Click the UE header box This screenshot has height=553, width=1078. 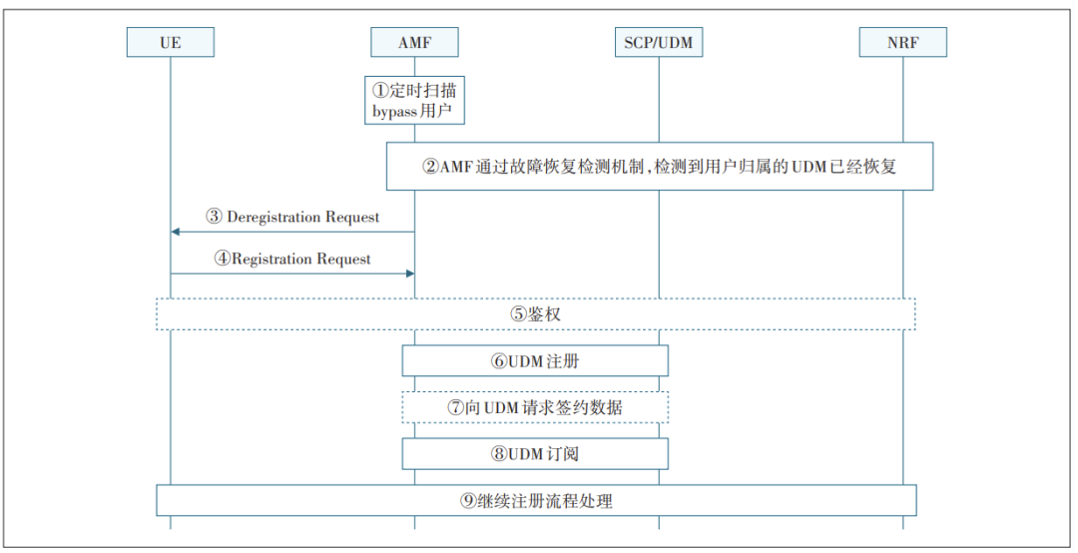170,42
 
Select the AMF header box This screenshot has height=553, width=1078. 414,42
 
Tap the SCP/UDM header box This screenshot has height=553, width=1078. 659,42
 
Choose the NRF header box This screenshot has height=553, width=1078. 902,42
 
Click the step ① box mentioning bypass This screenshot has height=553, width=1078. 414,100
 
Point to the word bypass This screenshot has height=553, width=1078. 395,111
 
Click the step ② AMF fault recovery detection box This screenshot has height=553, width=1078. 659,166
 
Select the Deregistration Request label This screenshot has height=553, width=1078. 302,217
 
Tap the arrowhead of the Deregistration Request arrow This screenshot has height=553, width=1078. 175,232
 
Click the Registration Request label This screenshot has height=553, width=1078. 300,259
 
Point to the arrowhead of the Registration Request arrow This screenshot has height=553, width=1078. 409,273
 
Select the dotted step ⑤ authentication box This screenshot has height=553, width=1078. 535,313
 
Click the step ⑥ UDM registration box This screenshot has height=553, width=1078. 535,360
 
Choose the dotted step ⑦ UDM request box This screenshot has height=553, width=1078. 535,407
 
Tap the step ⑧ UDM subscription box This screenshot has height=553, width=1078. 535,453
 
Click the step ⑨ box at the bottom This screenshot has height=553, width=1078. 535,500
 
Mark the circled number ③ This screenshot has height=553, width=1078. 214,217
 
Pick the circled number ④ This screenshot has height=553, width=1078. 222,259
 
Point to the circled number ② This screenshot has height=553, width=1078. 430,167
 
